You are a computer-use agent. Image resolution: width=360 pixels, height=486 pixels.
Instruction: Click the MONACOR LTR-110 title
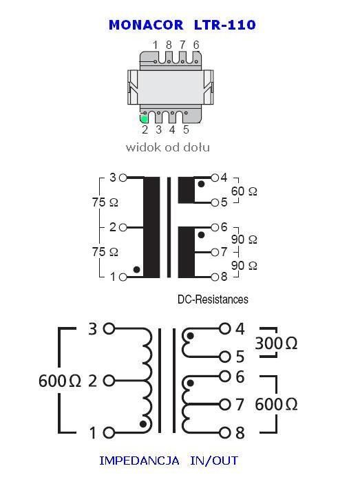coord(182,25)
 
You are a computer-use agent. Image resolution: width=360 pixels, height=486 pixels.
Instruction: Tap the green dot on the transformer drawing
coord(144,118)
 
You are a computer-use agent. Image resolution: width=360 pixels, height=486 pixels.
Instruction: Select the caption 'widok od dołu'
coord(167,147)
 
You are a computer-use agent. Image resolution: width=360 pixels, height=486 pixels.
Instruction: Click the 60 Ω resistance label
coord(244,191)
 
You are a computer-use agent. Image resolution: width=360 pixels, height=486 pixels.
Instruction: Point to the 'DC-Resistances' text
coord(213,299)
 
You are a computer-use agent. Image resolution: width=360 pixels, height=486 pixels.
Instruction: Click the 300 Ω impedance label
coord(276,344)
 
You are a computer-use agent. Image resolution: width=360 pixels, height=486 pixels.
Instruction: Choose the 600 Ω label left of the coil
coord(60,381)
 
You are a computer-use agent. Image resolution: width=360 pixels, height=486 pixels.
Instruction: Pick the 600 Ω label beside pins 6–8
coord(276,405)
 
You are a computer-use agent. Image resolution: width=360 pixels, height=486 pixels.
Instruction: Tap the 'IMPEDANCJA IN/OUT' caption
coord(169,461)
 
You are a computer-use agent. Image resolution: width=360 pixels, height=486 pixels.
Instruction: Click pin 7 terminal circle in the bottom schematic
coord(225,405)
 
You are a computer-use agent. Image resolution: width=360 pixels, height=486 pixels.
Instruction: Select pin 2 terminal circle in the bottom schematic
coord(109,381)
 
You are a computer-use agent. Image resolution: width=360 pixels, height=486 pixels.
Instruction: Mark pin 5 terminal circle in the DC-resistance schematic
coord(215,202)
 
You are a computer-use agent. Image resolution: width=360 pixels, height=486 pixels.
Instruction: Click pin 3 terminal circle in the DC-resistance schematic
coord(123,178)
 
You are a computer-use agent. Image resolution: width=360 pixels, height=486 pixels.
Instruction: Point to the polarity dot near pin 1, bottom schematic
coord(143,423)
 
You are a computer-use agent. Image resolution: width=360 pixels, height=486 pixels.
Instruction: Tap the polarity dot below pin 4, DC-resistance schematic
coord(201,184)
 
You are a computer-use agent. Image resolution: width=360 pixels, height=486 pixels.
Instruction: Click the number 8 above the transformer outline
coord(169,45)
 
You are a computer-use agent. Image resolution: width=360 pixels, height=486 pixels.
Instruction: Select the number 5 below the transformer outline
coord(186,129)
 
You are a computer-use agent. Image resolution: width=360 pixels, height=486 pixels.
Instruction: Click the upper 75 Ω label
coord(105,202)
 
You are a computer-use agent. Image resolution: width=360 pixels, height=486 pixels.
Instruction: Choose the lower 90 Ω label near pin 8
coord(244,266)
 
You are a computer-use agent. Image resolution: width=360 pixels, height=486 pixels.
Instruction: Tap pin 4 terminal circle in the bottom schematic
coord(225,328)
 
